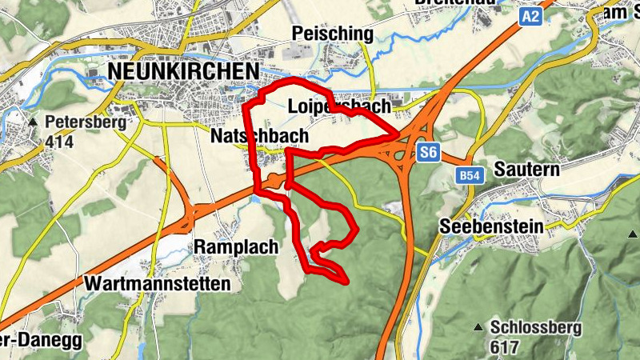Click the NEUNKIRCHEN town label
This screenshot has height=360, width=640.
[x=183, y=71]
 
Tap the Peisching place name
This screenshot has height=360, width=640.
[x=333, y=34]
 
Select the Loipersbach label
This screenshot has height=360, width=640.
[x=339, y=106]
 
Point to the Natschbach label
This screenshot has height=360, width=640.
[x=259, y=137]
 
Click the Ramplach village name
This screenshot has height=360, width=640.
[x=236, y=247]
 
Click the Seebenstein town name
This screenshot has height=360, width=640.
[x=491, y=226]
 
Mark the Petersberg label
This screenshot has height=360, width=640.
[x=86, y=123]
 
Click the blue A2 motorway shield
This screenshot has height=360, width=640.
[x=530, y=15]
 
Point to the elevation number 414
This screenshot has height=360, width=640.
[x=59, y=143]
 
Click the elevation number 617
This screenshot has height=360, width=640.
[x=506, y=347]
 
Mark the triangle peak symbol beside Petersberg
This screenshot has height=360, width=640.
[x=33, y=123]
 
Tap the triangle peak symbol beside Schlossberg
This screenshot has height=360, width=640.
[x=478, y=327]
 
